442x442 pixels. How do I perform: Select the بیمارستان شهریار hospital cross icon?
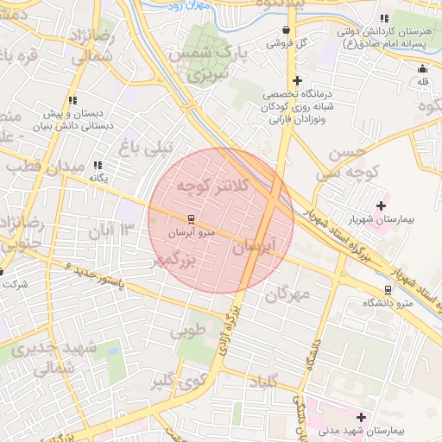pos(381,205)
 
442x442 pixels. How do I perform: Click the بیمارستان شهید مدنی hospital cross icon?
pos(361,417)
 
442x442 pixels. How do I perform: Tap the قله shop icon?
pos(422,69)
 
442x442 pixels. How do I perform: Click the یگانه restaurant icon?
pos(98,165)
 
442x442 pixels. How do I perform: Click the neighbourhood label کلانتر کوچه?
pos(212,185)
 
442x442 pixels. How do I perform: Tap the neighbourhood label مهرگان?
pos(287,294)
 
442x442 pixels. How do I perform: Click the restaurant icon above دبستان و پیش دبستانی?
pos(73,101)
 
